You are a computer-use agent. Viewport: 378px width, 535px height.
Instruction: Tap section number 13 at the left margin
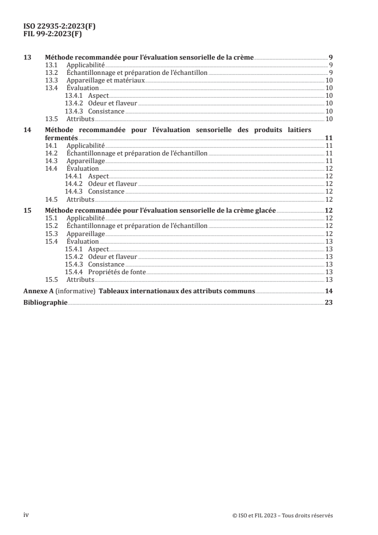tap(28, 57)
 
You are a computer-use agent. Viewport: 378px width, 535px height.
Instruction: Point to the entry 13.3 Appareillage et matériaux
tap(105, 81)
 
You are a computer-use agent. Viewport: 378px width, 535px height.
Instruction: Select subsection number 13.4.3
tap(74, 111)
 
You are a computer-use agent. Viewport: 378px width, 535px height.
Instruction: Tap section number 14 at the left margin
tap(28, 130)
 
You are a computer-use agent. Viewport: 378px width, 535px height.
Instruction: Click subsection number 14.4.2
tap(74, 184)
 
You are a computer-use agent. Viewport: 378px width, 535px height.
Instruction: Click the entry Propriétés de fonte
tap(117, 272)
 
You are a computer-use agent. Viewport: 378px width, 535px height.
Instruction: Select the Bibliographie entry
tap(46, 302)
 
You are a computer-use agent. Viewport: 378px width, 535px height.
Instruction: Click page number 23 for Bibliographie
tap(328, 302)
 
